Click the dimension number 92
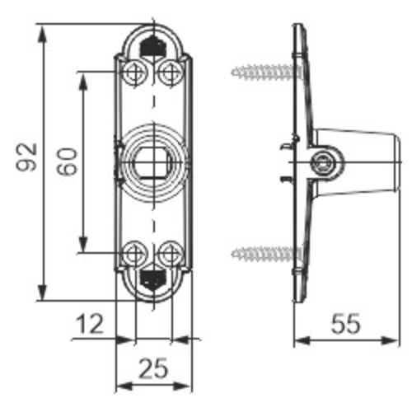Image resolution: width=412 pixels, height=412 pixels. pos(26,156)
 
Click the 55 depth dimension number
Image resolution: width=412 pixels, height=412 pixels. pos(345,324)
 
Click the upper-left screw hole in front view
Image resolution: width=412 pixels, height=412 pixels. pos(134,73)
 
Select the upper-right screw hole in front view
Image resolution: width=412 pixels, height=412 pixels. pos(170,73)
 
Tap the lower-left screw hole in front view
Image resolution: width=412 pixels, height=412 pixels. pos(134,251)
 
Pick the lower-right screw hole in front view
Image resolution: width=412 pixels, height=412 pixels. pos(170,251)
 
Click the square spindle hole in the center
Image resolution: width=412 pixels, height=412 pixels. pos(152,162)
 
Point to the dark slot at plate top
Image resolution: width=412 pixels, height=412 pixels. pos(152,46)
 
